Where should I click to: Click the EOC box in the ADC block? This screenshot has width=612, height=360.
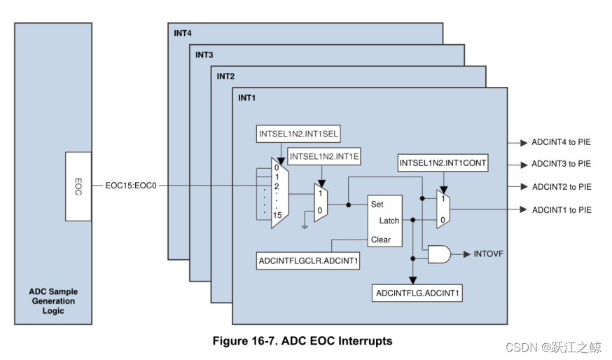(x=78, y=186)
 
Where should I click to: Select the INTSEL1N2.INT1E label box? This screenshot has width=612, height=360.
(x=324, y=158)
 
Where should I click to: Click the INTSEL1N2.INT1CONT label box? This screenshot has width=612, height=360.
(x=443, y=163)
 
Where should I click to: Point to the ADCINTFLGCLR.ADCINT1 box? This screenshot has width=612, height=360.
(x=308, y=261)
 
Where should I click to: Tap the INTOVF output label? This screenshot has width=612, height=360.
(x=489, y=254)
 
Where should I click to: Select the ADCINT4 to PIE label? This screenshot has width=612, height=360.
(x=561, y=143)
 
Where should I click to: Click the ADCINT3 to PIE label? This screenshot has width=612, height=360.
(x=561, y=165)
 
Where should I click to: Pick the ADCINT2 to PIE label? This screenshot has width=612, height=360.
(x=561, y=187)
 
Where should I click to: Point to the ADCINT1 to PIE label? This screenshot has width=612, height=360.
(x=561, y=209)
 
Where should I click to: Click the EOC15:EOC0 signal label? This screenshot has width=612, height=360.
(x=130, y=186)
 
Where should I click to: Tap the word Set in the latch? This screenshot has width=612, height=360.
(x=377, y=205)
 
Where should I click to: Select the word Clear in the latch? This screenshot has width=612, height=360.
(x=380, y=240)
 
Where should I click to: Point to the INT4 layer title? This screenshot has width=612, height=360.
(x=183, y=33)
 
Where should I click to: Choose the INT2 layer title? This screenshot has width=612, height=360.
(x=225, y=76)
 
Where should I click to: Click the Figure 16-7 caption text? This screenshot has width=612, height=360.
(x=302, y=342)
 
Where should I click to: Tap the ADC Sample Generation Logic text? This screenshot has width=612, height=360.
(x=53, y=301)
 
